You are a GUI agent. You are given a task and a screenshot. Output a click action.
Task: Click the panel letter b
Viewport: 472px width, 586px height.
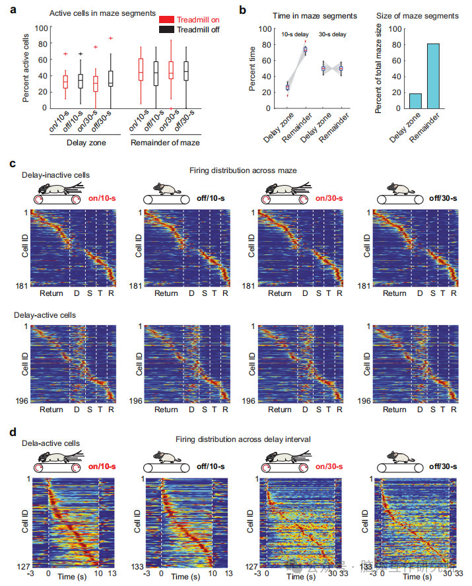[x=243, y=9]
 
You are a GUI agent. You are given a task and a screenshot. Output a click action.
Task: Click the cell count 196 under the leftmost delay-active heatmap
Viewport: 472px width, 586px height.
[x=22, y=401]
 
